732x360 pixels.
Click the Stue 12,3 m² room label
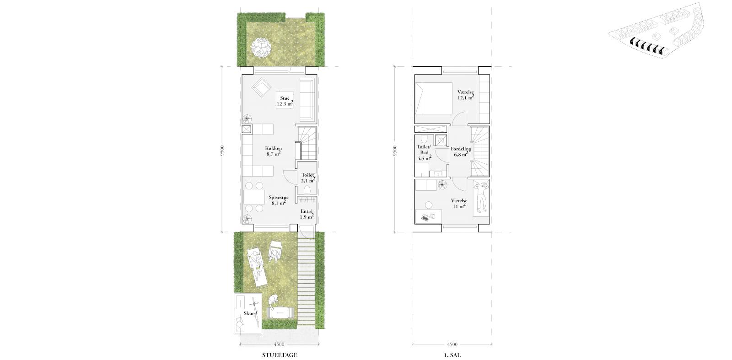(x=285, y=101)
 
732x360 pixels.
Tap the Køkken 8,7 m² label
(x=273, y=151)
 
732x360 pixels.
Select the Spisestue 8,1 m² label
(x=279, y=200)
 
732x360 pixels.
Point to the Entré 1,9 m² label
(x=307, y=214)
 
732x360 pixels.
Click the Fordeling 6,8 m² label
(x=461, y=151)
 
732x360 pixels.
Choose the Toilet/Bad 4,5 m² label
(x=424, y=153)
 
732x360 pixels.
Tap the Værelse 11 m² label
(x=459, y=204)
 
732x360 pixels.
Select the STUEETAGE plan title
(x=280, y=355)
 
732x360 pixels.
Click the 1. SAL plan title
(x=452, y=355)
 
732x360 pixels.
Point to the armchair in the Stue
(x=261, y=87)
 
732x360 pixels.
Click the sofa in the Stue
(x=307, y=100)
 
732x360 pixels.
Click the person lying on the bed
(x=481, y=197)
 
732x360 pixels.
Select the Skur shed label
(x=250, y=313)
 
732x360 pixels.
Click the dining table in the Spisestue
(x=254, y=197)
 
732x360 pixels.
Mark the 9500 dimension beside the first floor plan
(x=395, y=150)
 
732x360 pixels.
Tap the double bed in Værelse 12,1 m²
(x=431, y=98)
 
